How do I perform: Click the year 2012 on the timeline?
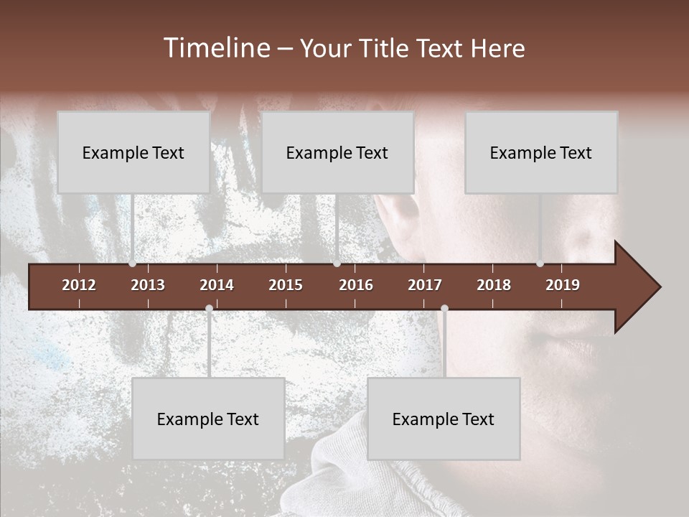[79, 285]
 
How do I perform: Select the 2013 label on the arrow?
[148, 285]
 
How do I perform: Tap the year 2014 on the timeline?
[217, 285]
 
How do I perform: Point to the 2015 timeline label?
[286, 285]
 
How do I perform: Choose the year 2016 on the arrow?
[356, 285]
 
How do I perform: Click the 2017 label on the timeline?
[425, 285]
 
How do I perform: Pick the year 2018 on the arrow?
[494, 285]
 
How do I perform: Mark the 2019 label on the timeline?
[563, 285]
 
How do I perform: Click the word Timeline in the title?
[216, 48]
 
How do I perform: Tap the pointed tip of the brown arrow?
[659, 287]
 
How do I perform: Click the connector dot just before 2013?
[132, 264]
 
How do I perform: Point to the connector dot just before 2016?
[337, 264]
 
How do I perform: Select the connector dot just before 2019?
[540, 264]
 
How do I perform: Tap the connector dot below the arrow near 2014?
[209, 309]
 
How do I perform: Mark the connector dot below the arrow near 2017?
[444, 309]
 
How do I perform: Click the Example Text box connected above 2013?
[133, 153]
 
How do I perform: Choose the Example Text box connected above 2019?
[541, 153]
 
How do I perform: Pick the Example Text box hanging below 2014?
[208, 419]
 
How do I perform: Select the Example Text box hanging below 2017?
[444, 419]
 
